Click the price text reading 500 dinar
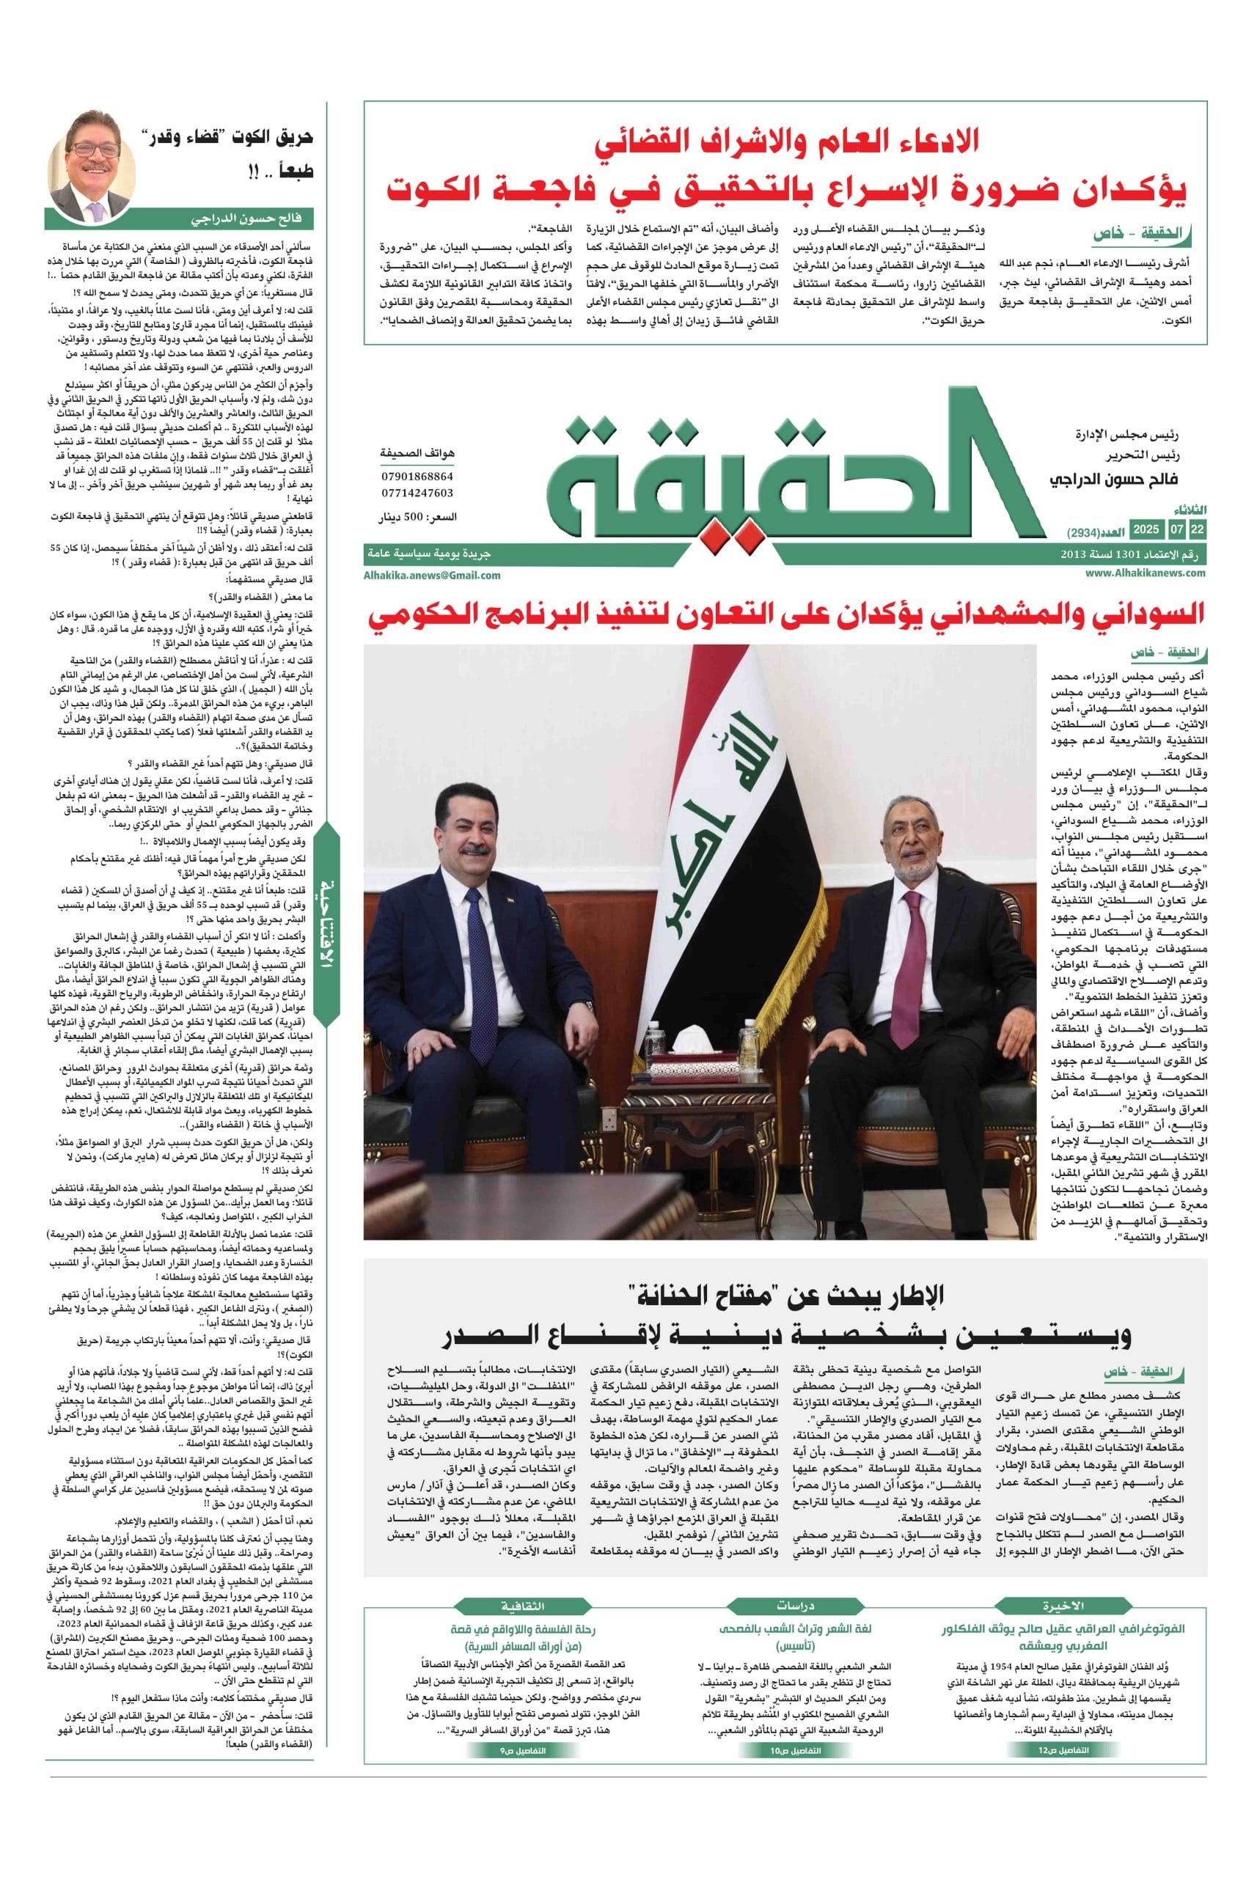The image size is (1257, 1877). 418,518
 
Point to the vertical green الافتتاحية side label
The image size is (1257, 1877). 326,930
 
